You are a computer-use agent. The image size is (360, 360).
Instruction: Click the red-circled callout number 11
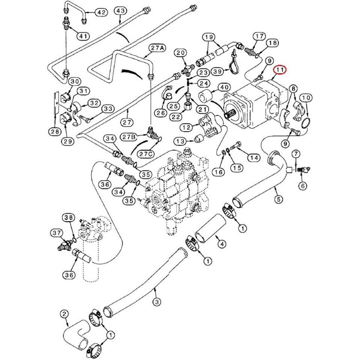[280, 70]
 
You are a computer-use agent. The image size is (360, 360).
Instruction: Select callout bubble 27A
[157, 48]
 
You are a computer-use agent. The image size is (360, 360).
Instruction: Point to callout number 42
[100, 12]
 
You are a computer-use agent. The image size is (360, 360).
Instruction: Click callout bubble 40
[224, 87]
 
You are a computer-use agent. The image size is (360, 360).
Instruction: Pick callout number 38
[69, 217]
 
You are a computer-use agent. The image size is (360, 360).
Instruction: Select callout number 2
[64, 313]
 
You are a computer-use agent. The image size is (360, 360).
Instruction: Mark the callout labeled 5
[278, 200]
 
